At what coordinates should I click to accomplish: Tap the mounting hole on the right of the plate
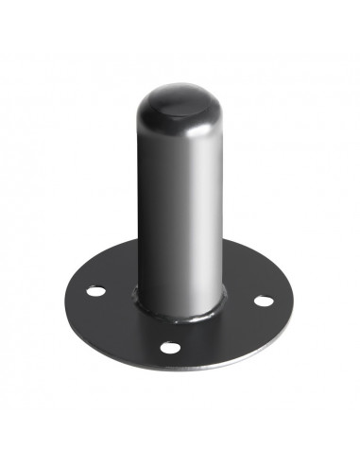264,301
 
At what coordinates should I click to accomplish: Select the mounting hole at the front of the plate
169,348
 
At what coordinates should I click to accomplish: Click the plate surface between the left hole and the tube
117,289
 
